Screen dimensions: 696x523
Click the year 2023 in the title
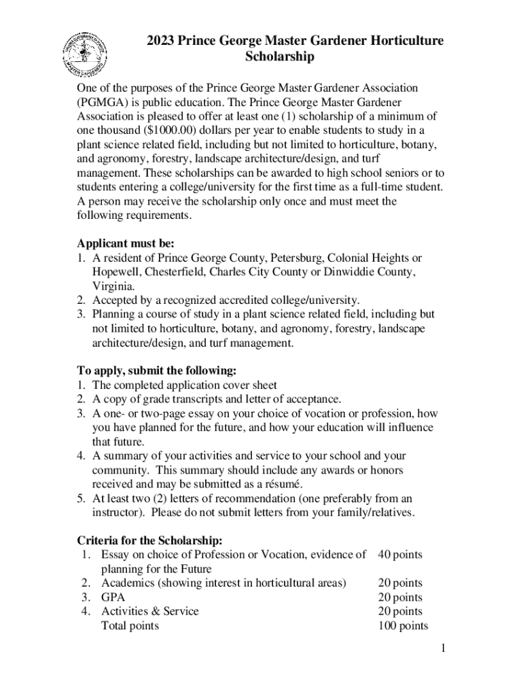[161, 41]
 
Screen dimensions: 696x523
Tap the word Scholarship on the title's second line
[279, 57]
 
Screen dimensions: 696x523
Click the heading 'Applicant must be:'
[126, 243]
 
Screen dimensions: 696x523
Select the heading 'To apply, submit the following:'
[156, 371]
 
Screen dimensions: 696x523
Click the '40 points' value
[400, 555]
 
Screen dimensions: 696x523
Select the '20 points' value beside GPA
[400, 597]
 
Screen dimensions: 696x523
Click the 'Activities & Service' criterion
[150, 611]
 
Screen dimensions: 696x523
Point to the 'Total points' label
[130, 626]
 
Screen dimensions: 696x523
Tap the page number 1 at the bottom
[441, 649]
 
